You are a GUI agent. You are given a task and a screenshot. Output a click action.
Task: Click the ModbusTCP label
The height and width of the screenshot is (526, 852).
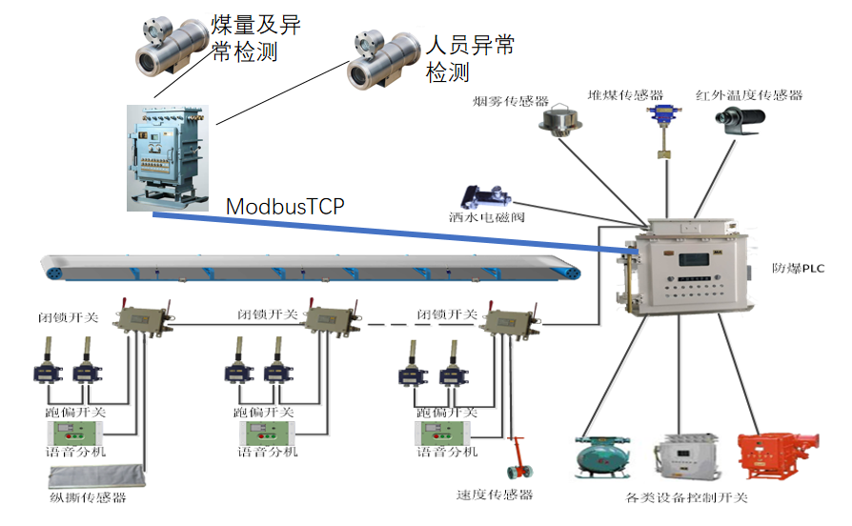coord(285,206)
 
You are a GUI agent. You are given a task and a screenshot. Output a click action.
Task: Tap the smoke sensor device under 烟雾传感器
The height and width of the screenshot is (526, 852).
coord(557,121)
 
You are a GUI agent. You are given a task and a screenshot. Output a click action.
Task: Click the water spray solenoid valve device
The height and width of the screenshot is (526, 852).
coord(485,195)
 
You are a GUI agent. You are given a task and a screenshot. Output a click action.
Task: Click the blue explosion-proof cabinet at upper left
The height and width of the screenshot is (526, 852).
coord(168,156)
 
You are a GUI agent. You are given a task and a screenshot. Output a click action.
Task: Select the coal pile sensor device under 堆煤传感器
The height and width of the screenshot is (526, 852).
coord(659,124)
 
